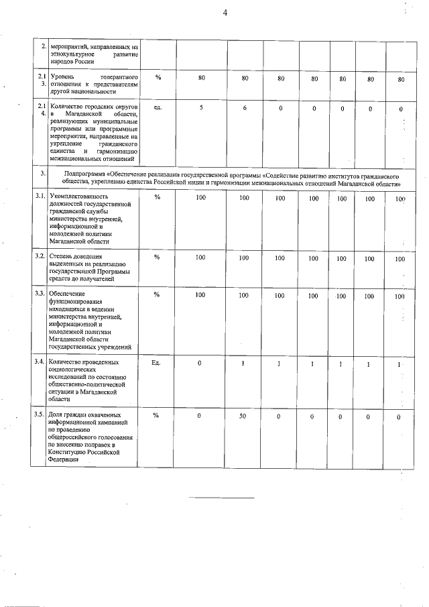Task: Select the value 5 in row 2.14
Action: coord(201,108)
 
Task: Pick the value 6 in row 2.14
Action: coord(245,108)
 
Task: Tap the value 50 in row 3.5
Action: coord(245,417)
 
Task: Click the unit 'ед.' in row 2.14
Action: coord(158,107)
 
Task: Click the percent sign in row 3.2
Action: coord(157,257)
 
